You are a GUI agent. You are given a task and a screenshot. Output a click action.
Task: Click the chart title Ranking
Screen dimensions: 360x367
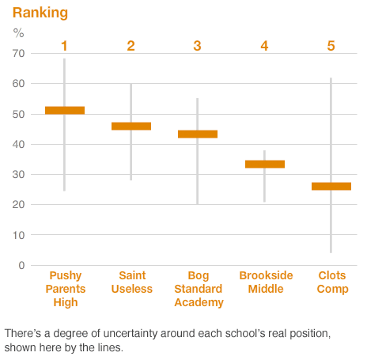(x=40, y=13)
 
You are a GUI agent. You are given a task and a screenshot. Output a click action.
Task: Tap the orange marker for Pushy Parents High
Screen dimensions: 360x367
(x=65, y=110)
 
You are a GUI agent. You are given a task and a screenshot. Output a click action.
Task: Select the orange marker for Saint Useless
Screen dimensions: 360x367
(x=131, y=126)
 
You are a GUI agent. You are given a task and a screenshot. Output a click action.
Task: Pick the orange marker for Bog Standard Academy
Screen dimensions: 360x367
(x=198, y=134)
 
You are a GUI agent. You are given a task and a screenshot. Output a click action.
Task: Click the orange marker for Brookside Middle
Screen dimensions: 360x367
(x=264, y=164)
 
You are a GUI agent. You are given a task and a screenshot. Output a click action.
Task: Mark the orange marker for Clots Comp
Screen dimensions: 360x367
(x=331, y=186)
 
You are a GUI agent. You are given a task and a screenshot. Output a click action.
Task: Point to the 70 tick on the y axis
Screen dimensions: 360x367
(x=18, y=53)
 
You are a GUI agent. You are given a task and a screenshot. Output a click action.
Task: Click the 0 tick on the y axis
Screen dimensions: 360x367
(x=21, y=265)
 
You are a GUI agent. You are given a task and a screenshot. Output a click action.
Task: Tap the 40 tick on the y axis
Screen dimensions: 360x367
(x=18, y=144)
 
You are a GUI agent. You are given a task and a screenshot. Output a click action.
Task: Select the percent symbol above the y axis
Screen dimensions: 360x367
(x=19, y=33)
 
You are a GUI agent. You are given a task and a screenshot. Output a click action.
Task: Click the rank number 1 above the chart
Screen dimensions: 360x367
(x=65, y=46)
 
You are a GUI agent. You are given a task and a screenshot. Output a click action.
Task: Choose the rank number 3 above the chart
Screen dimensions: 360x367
(x=198, y=46)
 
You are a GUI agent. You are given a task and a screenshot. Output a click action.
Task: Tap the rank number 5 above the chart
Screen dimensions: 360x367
(x=331, y=46)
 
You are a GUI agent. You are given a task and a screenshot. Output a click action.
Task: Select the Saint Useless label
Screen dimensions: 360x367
(x=131, y=282)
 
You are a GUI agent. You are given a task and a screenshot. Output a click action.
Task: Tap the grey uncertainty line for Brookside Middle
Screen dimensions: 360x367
(x=264, y=186)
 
